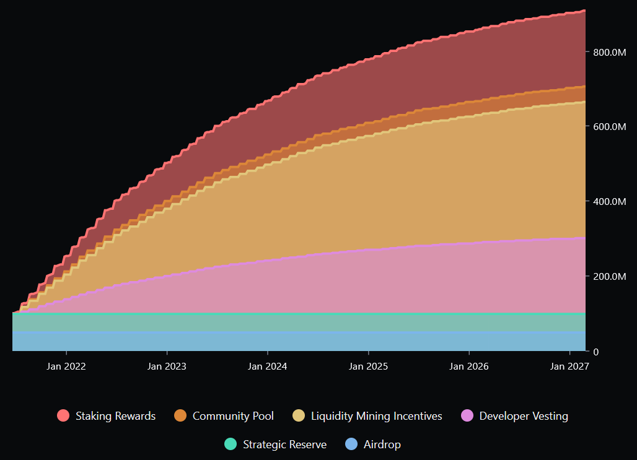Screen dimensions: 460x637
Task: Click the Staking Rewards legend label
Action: coord(115,416)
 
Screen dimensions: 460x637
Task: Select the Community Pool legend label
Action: coord(233,416)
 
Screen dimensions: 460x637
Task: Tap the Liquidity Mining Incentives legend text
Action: coord(376,416)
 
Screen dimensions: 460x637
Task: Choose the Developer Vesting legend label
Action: coord(524,416)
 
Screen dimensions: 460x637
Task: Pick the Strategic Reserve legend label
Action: coord(284,445)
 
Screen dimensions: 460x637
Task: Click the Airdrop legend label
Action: coord(382,445)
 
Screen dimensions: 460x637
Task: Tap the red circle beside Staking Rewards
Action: coord(63,416)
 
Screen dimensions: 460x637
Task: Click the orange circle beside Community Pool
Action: coord(180,416)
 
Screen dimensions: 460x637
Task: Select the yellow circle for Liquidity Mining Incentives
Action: coord(299,416)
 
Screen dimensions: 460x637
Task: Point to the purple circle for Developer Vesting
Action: coord(467,416)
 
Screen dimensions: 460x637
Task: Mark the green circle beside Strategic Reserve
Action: coord(231,445)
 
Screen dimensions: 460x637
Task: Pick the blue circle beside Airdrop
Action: coord(351,445)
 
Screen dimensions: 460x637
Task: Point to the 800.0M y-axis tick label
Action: coord(609,52)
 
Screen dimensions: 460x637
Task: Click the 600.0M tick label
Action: coord(609,126)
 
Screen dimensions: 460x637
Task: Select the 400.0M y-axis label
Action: coord(609,202)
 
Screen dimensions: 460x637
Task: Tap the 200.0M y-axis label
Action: coord(609,276)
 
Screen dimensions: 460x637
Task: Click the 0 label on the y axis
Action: coord(596,352)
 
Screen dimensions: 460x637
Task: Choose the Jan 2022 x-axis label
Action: coord(66,367)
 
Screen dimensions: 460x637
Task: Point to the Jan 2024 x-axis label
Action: coord(268,367)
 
